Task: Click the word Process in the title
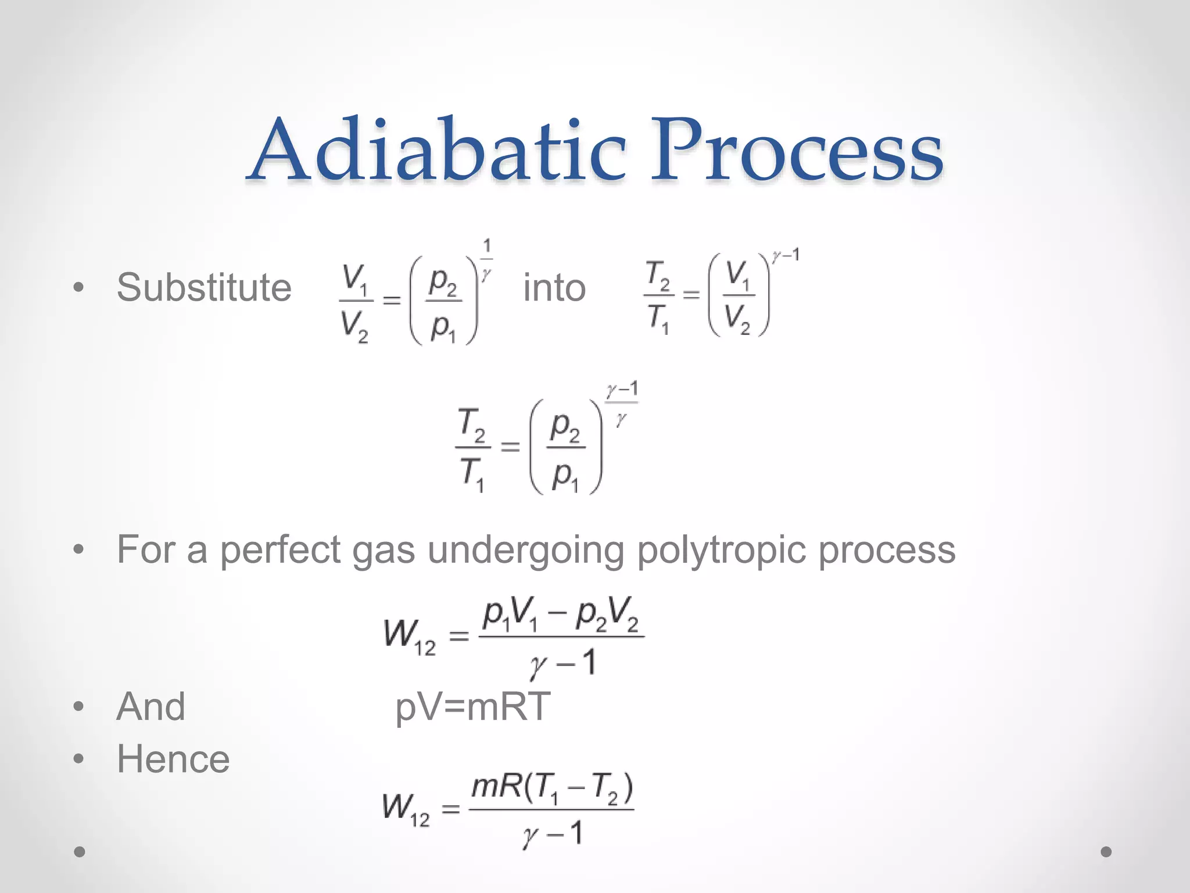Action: tap(796, 149)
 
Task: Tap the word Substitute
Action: tap(203, 287)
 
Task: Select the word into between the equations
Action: tap(554, 288)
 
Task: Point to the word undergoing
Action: tap(526, 550)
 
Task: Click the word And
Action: tap(151, 706)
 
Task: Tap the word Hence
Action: tap(173, 759)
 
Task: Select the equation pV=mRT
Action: tap(472, 707)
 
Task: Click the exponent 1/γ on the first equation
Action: tap(487, 259)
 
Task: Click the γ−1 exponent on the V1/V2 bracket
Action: tap(786, 255)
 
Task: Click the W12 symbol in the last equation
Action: tap(406, 809)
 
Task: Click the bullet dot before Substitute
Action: tap(79, 288)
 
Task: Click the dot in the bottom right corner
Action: tap(1106, 852)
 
